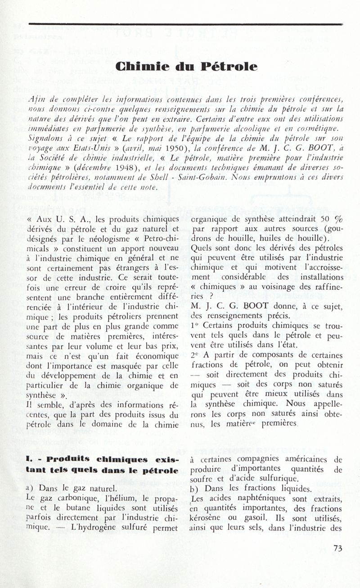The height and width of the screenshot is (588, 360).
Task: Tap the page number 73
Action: tap(338, 548)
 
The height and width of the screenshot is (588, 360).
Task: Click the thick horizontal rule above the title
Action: tap(185, 24)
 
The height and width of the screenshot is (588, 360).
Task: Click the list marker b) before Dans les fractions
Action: tap(195, 489)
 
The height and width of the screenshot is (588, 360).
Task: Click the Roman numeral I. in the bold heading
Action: tap(29, 461)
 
